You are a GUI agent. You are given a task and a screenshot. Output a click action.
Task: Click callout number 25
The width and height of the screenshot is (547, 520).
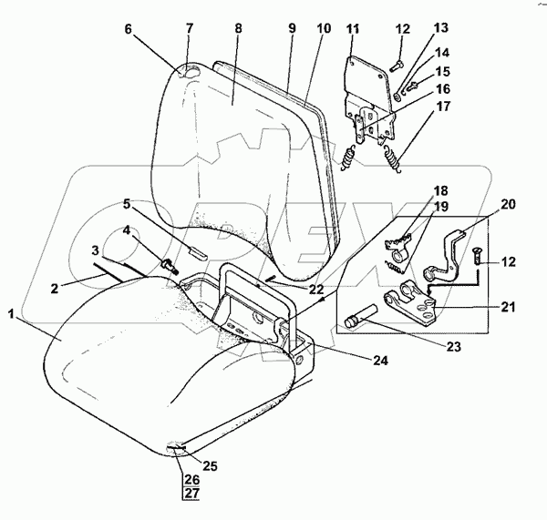pyautogui.click(x=211, y=465)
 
